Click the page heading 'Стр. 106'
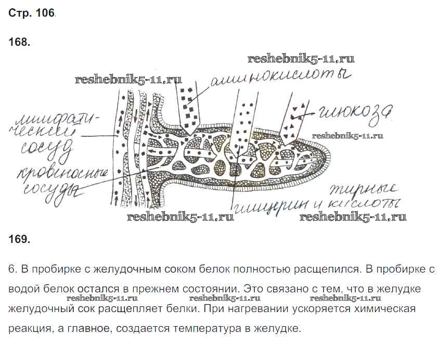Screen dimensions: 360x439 click(x=31, y=14)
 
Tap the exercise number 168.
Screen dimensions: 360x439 click(x=20, y=43)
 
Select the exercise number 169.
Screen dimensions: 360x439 click(x=20, y=239)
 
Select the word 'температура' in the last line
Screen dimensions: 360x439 click(x=207, y=329)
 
